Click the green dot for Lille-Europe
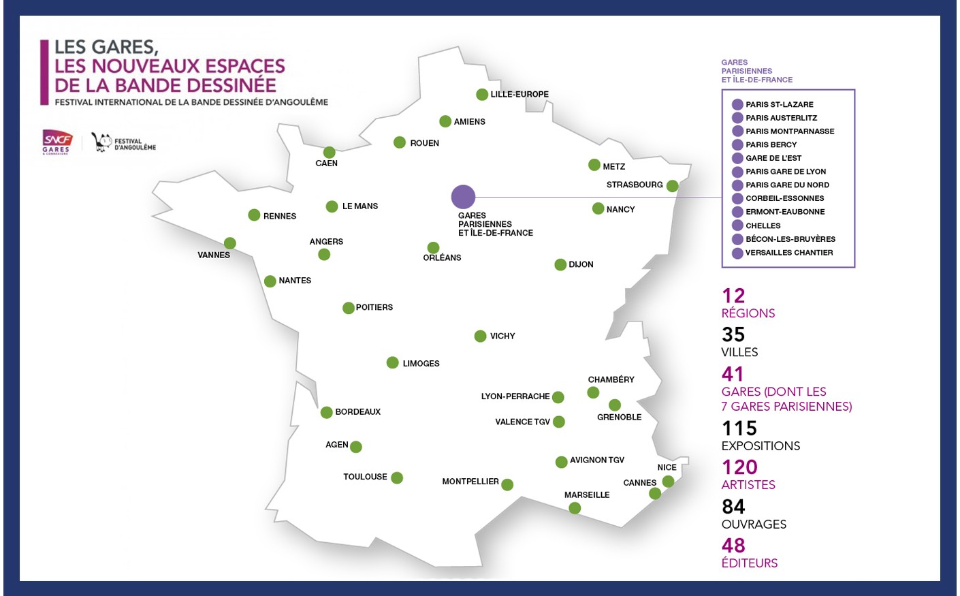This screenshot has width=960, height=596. pos(482,95)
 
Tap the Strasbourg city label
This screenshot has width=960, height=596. pos(635,185)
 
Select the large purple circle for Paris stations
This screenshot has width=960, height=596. pos(463,197)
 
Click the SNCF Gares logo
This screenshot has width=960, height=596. pos(57,141)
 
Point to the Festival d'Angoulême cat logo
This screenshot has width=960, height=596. pos(101,142)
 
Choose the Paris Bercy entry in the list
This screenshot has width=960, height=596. pos(771,144)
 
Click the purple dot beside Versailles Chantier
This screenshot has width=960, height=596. pos(737,253)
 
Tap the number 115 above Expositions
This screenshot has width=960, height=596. pos(739,428)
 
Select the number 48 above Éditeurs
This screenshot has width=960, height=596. pos(733,546)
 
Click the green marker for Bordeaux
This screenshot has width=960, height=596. pos(326,412)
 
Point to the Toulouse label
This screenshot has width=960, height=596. pos(365,477)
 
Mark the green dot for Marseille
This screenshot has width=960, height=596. pos(575,508)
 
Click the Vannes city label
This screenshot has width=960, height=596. pos(214,255)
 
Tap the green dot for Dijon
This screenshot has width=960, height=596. pos(560,264)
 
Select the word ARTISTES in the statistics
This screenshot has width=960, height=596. pos(748,485)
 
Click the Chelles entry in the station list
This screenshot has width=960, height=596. pos(763,225)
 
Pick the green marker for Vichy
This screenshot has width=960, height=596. pos(480,336)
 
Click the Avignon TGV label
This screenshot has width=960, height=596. pos(596,460)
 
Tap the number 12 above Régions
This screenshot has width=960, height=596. pos(733,296)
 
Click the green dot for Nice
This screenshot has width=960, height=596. pos(668,482)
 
